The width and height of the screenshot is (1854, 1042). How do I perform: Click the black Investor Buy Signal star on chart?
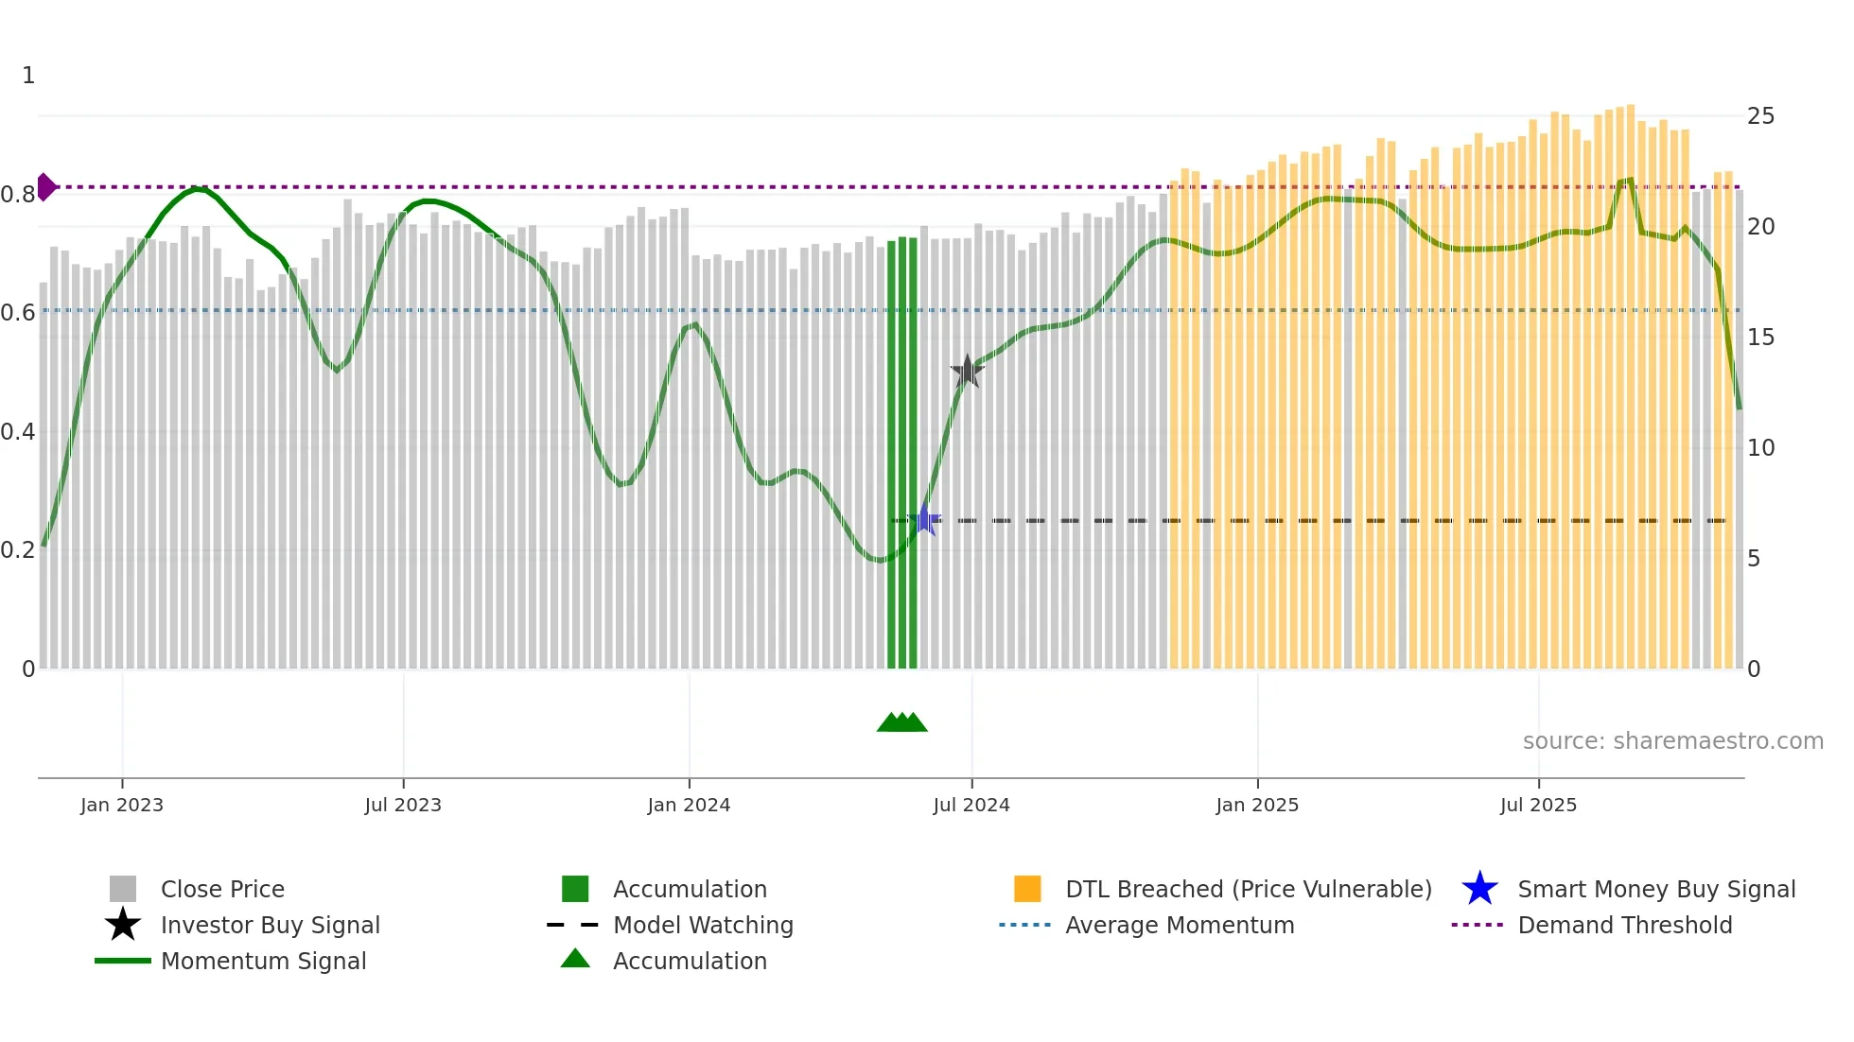coord(967,372)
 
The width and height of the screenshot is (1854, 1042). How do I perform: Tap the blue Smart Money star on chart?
coord(924,520)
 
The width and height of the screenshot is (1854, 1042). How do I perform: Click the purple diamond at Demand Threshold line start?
coord(45,187)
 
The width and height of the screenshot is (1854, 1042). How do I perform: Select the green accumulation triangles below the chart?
coord(901,722)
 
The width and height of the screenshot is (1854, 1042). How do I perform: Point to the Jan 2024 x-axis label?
coord(689,805)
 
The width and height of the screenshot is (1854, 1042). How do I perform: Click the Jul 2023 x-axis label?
coord(403,805)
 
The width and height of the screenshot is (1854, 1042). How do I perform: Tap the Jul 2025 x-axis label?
coord(1538,805)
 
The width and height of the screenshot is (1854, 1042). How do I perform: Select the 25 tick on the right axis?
coord(1760,116)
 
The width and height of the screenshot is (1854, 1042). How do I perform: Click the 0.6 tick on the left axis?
coord(18,313)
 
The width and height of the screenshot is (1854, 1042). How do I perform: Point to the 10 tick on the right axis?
coord(1760,448)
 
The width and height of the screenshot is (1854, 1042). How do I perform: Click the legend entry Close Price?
coord(222,889)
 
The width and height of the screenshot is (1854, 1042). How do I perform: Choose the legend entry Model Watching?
coord(703,925)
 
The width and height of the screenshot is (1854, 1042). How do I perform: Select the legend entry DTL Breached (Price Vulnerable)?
coord(1248,889)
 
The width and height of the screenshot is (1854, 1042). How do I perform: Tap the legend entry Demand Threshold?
coord(1624,925)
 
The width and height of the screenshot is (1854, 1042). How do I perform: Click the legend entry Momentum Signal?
coord(263,961)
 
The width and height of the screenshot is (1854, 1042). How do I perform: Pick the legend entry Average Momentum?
coord(1179,925)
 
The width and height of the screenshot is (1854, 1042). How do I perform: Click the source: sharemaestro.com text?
coord(1672,740)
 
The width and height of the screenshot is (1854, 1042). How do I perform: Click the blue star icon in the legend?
coord(1479,889)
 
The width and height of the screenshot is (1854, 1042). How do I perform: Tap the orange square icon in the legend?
coord(1027,889)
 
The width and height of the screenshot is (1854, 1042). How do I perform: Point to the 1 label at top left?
coord(28,76)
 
